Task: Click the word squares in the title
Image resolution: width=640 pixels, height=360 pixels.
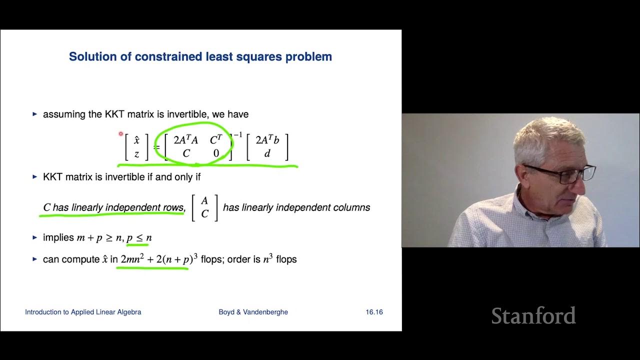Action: (x=257, y=56)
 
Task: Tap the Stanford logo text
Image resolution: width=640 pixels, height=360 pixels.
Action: (x=533, y=316)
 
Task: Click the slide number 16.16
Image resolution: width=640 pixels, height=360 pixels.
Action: (x=374, y=312)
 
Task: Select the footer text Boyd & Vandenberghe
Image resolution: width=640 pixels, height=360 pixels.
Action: (x=253, y=312)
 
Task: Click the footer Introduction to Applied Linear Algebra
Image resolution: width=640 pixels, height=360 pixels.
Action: (x=83, y=312)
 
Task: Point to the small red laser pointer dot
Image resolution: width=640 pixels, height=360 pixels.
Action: (x=120, y=133)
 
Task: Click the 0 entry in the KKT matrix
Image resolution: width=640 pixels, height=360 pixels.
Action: (x=216, y=153)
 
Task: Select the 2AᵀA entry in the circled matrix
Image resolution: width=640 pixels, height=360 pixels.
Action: (x=185, y=140)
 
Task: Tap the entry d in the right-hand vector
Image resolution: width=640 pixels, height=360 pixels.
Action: (x=267, y=153)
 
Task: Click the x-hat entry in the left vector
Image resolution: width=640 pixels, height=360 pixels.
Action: (x=136, y=140)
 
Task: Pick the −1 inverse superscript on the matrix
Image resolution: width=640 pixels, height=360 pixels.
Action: (x=237, y=135)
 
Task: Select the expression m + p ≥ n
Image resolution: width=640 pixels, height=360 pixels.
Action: (x=98, y=238)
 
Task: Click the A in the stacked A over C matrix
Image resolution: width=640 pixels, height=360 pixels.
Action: (x=204, y=201)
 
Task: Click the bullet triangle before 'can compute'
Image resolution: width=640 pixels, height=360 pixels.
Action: (x=34, y=259)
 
